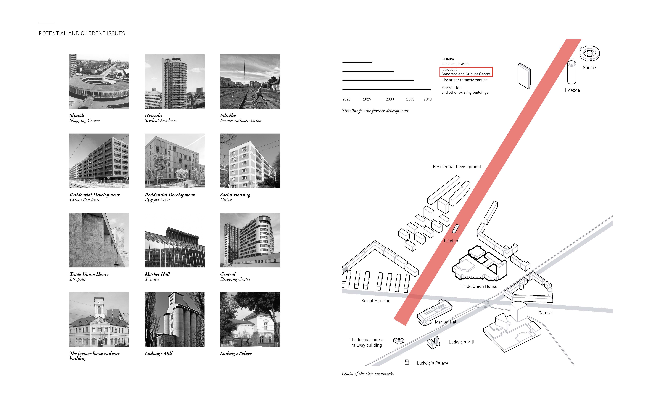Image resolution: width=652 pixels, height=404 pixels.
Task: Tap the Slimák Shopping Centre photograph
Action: [x=99, y=81]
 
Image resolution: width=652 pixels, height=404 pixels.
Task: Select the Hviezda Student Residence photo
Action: [x=175, y=81]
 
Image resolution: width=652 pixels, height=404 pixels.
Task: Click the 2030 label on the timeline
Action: [x=390, y=99]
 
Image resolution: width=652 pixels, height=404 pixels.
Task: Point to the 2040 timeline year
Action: [x=428, y=99]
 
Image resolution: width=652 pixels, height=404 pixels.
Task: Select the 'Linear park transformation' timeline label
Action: [x=464, y=80]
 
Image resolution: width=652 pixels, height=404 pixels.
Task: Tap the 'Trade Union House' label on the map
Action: [x=479, y=286]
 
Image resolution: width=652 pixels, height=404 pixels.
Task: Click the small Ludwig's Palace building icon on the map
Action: [x=407, y=362]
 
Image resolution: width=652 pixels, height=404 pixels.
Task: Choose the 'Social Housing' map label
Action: [x=376, y=301]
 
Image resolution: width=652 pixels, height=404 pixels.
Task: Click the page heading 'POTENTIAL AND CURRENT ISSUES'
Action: [x=82, y=33]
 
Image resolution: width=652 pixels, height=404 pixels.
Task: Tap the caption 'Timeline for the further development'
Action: [x=375, y=111]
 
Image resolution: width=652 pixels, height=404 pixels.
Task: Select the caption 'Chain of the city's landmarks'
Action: [x=368, y=373]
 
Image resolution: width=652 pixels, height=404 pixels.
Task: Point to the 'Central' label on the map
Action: [x=546, y=313]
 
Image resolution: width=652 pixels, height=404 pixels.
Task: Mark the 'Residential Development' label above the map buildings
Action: [x=457, y=167]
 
